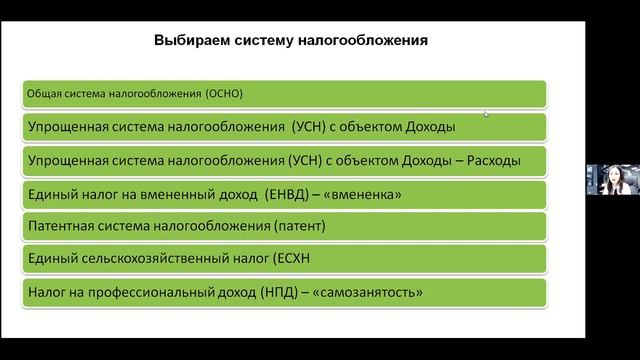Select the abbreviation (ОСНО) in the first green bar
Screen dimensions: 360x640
[224, 94]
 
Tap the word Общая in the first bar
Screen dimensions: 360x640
[43, 94]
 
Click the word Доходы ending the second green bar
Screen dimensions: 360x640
[425, 127]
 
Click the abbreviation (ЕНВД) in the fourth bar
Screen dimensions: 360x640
[293, 193]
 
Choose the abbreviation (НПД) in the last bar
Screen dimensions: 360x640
[284, 292]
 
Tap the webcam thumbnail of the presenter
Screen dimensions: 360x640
[606, 179]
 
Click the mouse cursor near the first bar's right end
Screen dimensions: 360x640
[487, 114]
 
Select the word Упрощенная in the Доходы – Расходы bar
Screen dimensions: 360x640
[69, 160]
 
